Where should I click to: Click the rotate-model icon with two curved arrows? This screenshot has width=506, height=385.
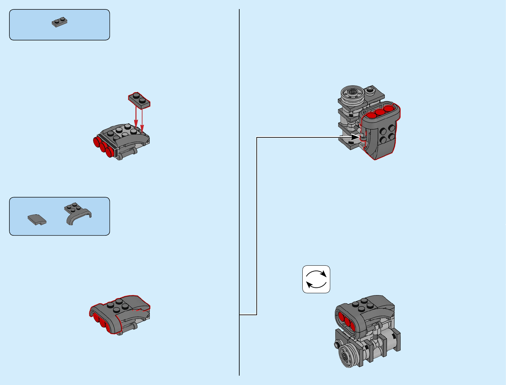click(x=316, y=279)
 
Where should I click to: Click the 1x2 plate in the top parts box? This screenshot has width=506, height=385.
click(x=60, y=22)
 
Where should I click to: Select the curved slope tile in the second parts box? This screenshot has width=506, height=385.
click(x=37, y=219)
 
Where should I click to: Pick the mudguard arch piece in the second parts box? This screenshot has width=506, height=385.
click(x=78, y=213)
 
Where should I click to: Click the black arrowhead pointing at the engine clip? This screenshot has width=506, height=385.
click(x=356, y=137)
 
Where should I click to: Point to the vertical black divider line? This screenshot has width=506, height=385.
click(x=239, y=194)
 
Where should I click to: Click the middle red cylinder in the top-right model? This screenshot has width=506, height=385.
click(x=380, y=112)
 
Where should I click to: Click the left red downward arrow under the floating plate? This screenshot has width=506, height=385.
click(x=136, y=118)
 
